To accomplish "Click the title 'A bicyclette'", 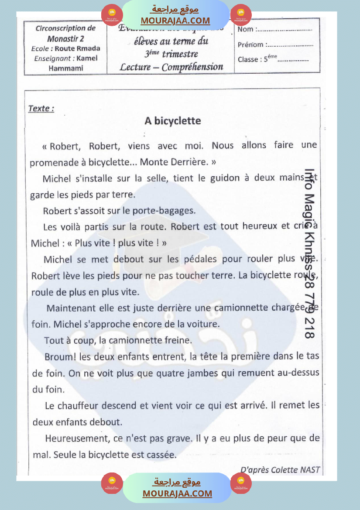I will (x=173, y=121).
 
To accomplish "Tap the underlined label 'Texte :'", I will (x=41, y=109).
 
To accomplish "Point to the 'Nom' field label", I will (x=245, y=30).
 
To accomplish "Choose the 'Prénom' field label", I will (x=250, y=44).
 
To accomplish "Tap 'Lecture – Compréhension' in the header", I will (x=171, y=67).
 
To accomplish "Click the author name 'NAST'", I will (x=310, y=470).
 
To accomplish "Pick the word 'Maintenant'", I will (x=69, y=308).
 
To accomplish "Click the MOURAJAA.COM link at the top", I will (x=175, y=21).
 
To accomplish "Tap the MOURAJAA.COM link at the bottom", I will (x=177, y=493).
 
